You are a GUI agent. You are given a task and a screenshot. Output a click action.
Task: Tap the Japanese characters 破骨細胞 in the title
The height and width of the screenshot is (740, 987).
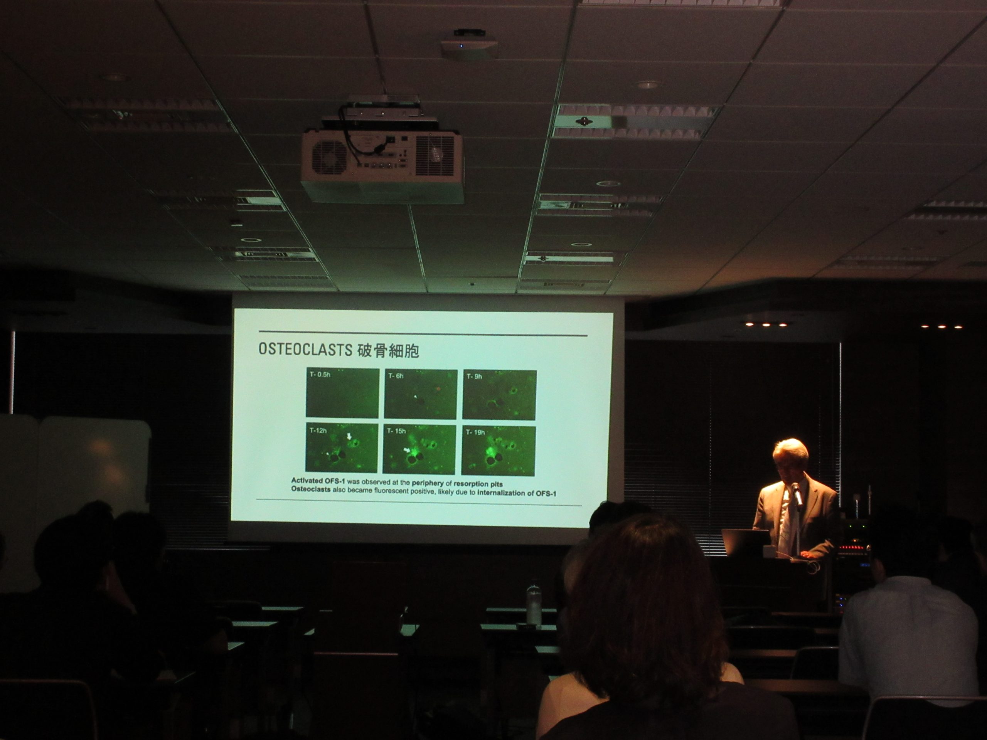(388, 351)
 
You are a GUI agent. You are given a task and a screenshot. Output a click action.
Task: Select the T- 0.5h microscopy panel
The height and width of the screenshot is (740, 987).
(342, 392)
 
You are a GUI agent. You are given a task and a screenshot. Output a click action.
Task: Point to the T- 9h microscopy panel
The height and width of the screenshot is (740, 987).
(499, 394)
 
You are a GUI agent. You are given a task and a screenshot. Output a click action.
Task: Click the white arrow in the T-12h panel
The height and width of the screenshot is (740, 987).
(349, 436)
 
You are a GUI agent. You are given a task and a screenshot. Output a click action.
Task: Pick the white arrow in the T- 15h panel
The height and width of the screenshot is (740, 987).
(406, 451)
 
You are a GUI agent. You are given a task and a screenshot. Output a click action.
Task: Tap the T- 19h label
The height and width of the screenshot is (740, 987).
(475, 432)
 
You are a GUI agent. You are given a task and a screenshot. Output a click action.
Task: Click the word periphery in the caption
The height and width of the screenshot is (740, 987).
(428, 483)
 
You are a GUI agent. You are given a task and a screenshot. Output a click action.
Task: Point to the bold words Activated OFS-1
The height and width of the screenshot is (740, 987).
(318, 480)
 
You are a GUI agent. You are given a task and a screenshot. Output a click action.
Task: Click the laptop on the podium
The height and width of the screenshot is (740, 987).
(746, 542)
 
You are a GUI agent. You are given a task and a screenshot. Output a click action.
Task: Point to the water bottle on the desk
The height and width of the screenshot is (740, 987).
(534, 603)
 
